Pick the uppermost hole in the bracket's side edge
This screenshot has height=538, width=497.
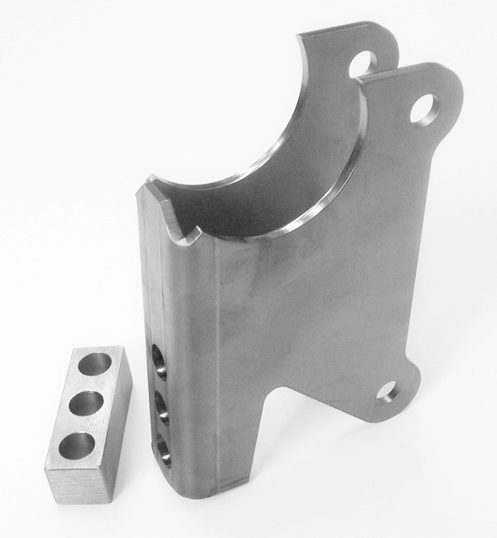click(x=159, y=364)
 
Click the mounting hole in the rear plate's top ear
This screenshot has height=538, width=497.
click(x=362, y=64)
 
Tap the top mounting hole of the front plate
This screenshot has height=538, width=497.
click(x=423, y=108)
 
